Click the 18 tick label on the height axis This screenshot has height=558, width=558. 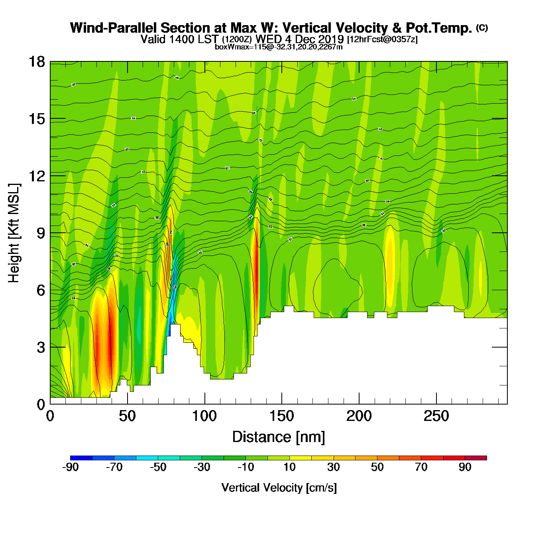(36, 62)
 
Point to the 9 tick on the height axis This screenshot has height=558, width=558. (50, 233)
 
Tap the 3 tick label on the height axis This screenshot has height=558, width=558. (41, 348)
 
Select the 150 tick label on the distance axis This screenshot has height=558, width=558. (281, 417)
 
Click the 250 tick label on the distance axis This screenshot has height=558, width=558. (436, 417)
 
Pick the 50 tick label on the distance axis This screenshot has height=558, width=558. (127, 417)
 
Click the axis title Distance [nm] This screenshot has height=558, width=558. (279, 437)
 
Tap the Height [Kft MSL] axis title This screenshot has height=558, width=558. (14, 233)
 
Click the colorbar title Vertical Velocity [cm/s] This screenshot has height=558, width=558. (279, 487)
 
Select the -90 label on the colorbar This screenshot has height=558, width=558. (70, 467)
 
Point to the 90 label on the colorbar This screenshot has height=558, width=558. (465, 467)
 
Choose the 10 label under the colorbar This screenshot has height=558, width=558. (289, 467)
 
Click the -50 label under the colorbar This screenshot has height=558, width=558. (158, 467)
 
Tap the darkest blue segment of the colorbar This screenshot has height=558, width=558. (81, 458)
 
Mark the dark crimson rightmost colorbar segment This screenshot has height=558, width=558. (476, 458)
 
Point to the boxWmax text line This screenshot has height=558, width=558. (279, 47)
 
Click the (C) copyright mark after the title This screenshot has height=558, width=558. (481, 28)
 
